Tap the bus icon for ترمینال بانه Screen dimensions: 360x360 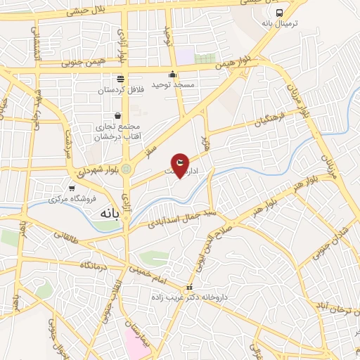[280, 13]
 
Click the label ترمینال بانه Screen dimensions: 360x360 [280, 24]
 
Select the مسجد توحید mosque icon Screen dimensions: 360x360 [173, 75]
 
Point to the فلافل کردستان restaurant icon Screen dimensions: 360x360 [121, 79]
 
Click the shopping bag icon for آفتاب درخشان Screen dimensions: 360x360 [117, 115]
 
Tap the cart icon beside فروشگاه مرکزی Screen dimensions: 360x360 [72, 188]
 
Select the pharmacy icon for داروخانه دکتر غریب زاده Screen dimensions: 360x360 [189, 288]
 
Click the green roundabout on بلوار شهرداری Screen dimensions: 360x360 [125, 169]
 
